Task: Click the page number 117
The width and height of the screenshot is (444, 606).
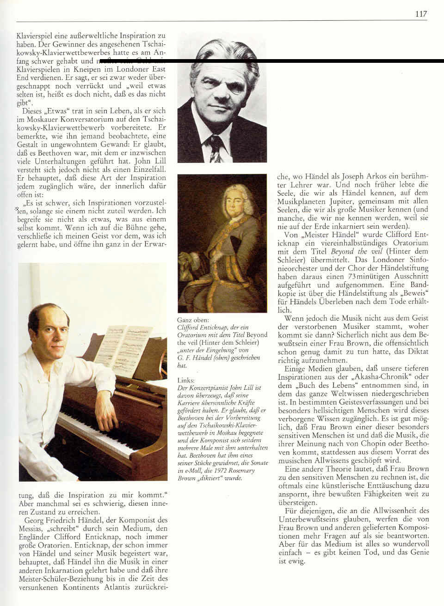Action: pyautogui.click(x=421, y=14)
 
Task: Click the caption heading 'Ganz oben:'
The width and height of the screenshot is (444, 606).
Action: pyautogui.click(x=193, y=320)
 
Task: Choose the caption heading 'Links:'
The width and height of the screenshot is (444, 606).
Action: pyautogui.click(x=186, y=380)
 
